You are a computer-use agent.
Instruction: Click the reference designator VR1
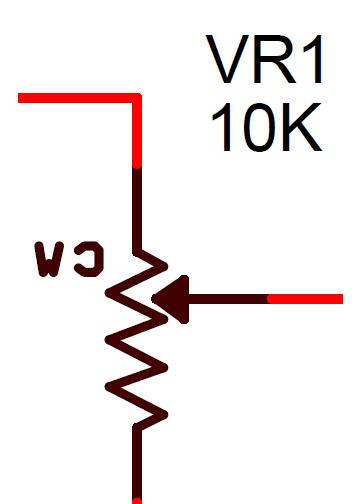click(267, 62)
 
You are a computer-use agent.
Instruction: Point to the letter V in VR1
click(226, 62)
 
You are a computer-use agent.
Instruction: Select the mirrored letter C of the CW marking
click(88, 260)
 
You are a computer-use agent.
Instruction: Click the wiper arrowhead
click(171, 298)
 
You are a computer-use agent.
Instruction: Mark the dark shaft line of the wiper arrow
click(228, 298)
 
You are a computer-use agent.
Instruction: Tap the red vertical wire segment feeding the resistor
click(137, 135)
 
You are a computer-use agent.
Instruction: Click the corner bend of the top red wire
click(136, 99)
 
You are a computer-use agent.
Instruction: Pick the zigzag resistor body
click(137, 340)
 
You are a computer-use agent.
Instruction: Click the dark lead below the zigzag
click(137, 460)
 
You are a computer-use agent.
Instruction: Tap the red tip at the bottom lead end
click(137, 499)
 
